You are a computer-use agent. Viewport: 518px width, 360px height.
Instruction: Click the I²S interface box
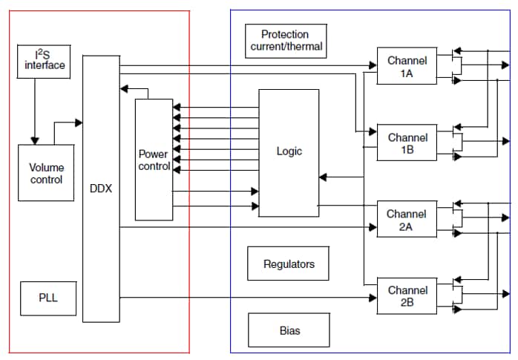(41, 59)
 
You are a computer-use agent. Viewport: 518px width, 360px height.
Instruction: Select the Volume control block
(46, 172)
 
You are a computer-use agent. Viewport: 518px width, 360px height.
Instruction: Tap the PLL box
(47, 298)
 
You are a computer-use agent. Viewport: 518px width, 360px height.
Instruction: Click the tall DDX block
(100, 189)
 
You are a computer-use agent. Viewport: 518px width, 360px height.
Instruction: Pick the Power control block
(154, 159)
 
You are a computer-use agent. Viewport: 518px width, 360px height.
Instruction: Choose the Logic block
(289, 152)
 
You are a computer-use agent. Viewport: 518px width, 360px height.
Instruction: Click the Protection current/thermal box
(284, 40)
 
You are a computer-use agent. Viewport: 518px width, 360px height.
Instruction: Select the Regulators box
(288, 264)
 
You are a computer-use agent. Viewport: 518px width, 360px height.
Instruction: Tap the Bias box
(289, 330)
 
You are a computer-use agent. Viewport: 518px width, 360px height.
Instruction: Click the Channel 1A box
(407, 66)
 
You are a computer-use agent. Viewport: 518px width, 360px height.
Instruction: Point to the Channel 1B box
(407, 143)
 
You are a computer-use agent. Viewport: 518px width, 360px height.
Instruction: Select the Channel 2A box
(407, 220)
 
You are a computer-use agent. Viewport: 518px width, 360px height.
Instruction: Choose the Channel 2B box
(407, 296)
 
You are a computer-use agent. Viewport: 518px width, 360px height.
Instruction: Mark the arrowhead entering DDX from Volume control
(78, 121)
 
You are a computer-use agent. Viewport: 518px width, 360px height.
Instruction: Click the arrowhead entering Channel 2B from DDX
(373, 298)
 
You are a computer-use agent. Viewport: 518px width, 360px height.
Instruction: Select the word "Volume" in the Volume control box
(46, 167)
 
